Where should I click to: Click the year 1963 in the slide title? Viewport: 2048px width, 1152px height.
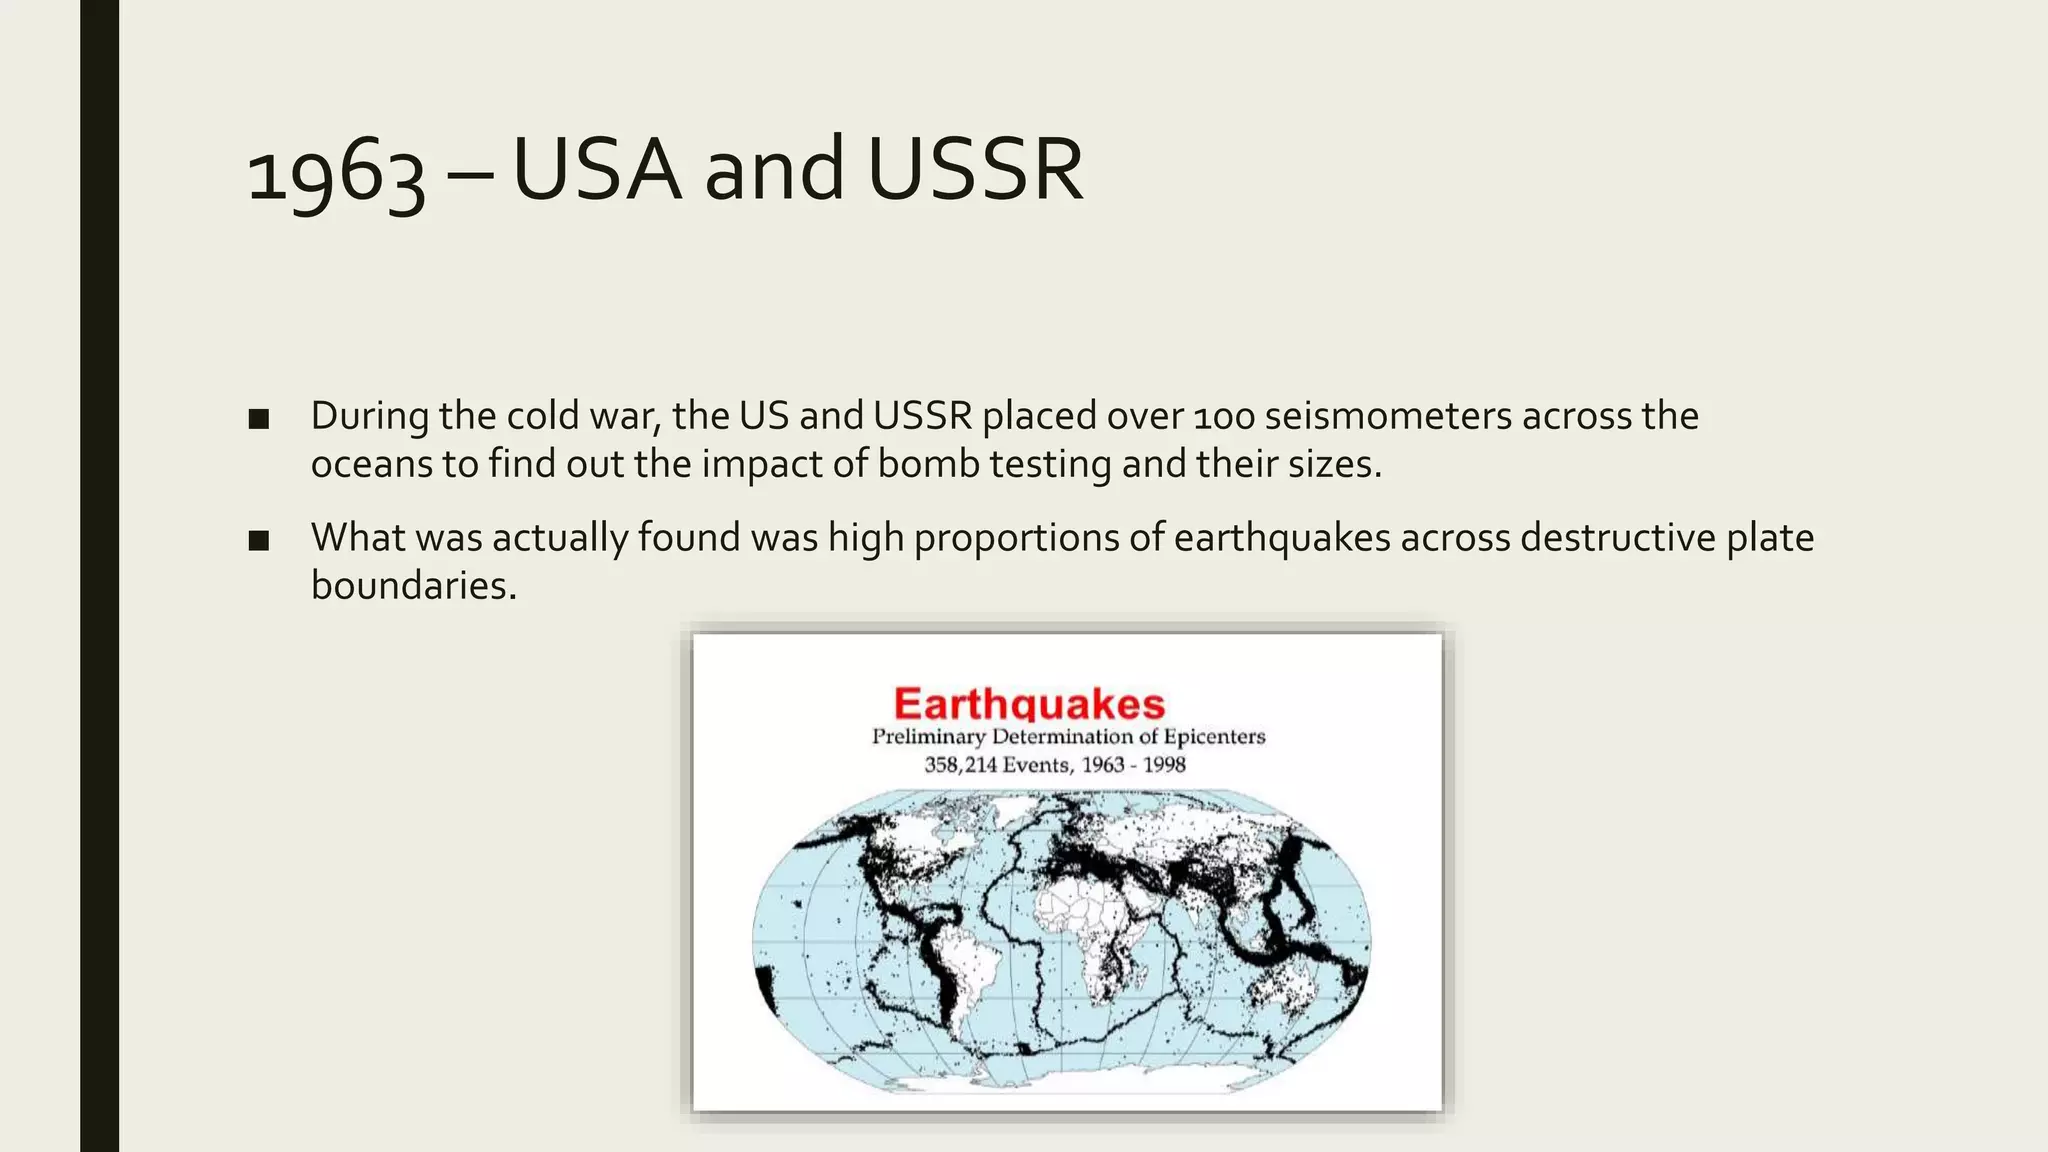tap(335, 172)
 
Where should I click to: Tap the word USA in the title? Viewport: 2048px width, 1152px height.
tap(597, 170)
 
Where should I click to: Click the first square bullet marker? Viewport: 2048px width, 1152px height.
tap(259, 419)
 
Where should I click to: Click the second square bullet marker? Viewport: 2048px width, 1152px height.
tap(259, 541)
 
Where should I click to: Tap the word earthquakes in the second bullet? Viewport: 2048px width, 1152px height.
tap(1282, 538)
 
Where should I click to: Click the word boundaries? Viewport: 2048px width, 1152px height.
tap(413, 586)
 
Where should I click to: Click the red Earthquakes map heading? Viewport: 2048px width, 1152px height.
tap(1029, 704)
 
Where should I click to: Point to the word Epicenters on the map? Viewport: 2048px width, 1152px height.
tap(1214, 737)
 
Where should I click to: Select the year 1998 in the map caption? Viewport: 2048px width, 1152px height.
tap(1164, 766)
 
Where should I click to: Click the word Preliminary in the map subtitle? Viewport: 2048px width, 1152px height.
tap(928, 737)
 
